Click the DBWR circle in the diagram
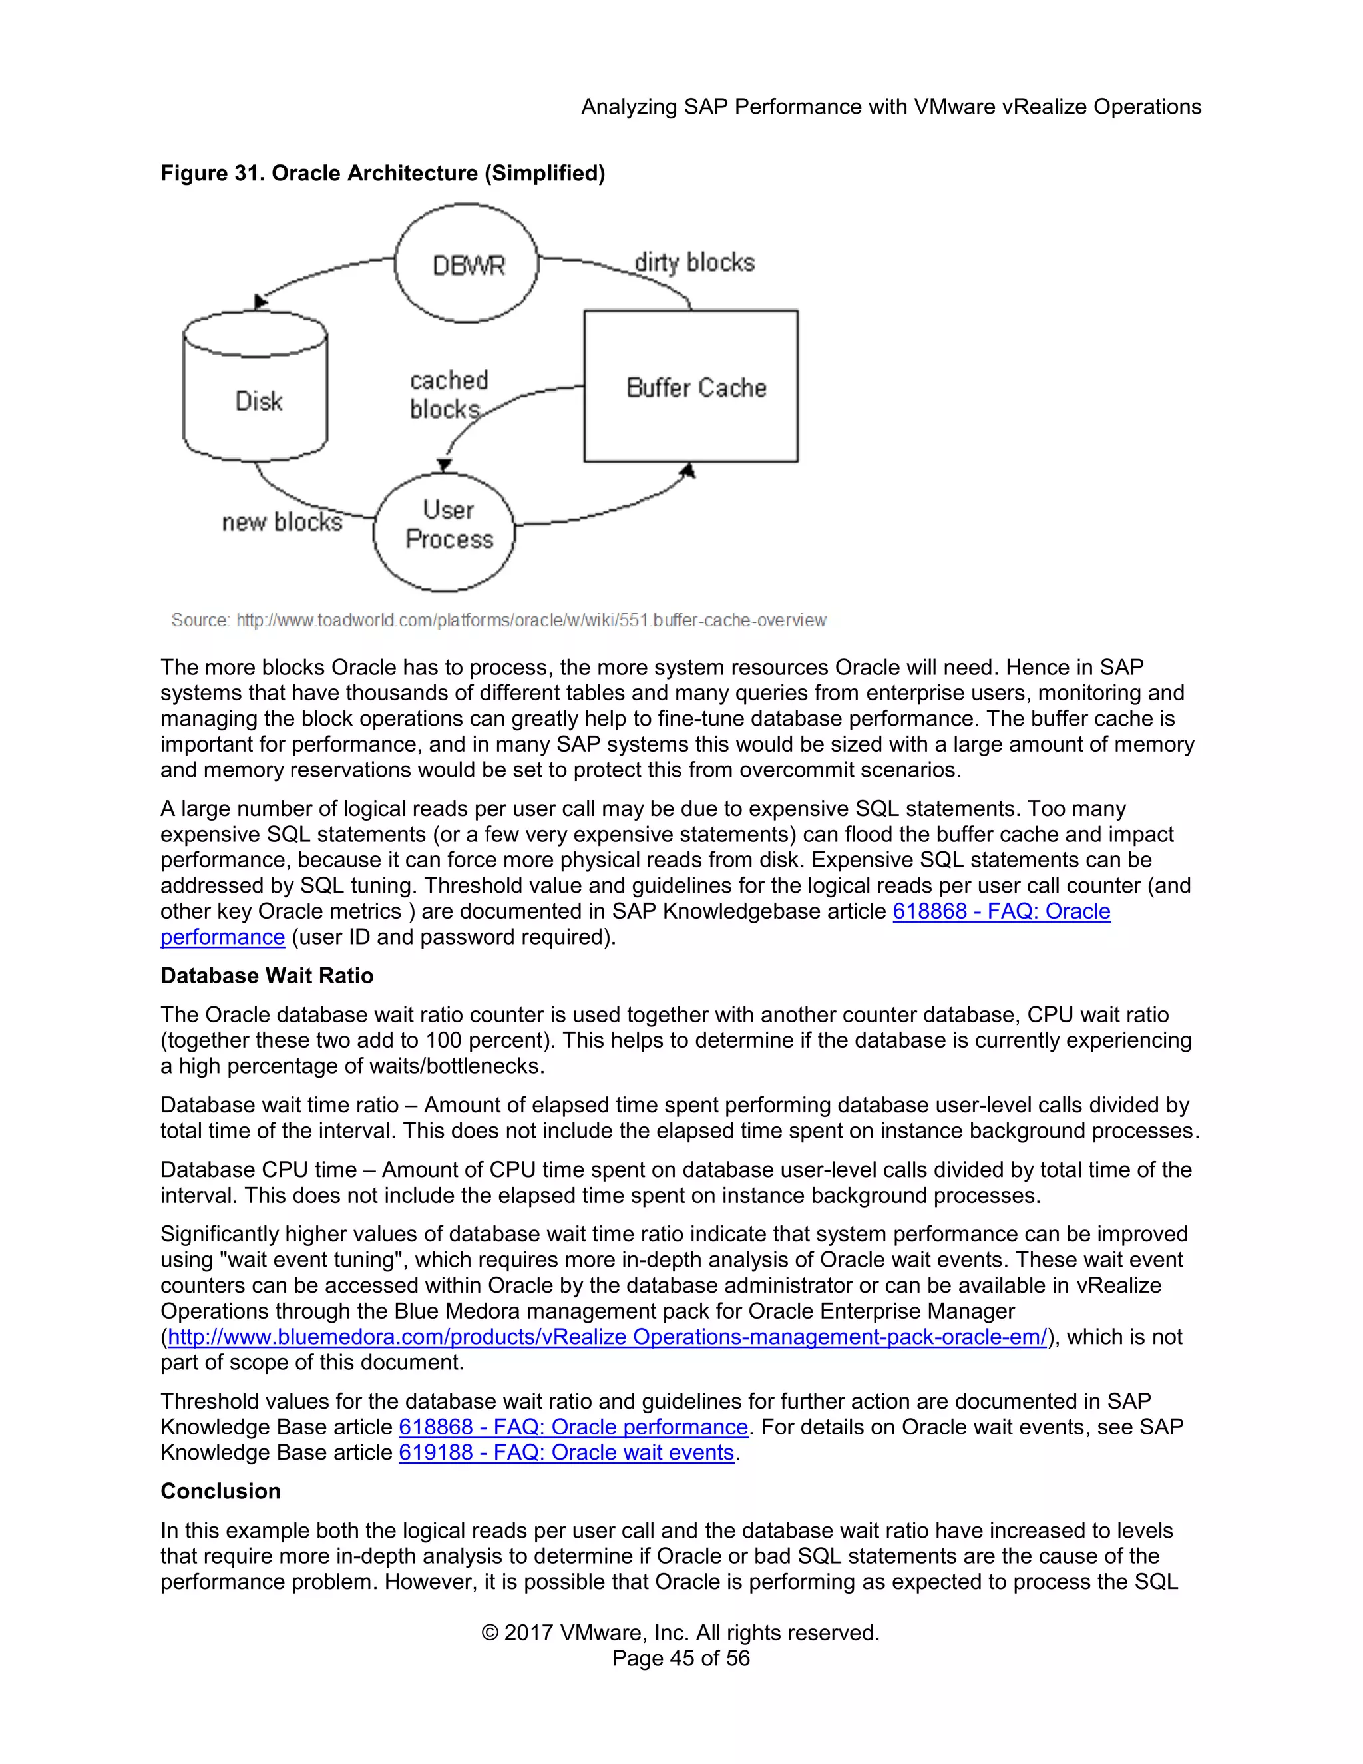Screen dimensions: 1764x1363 pyautogui.click(x=467, y=264)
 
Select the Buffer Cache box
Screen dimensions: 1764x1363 pyautogui.click(x=691, y=386)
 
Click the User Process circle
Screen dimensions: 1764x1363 pyautogui.click(x=445, y=531)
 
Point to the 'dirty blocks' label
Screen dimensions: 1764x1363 pyautogui.click(x=693, y=262)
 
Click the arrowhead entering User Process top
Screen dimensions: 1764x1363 pyautogui.click(x=444, y=465)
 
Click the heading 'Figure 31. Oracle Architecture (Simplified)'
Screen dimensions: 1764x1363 pyautogui.click(x=382, y=173)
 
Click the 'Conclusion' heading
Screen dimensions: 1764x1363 pyautogui.click(x=220, y=1491)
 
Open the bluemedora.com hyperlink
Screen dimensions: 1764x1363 pyautogui.click(x=606, y=1337)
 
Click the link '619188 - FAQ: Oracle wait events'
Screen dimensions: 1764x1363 pyautogui.click(x=566, y=1452)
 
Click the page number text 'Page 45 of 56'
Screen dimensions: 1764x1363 pyautogui.click(x=681, y=1658)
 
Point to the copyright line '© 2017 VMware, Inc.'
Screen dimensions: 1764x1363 pyautogui.click(x=680, y=1632)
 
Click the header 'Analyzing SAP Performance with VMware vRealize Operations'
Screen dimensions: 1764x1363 pyautogui.click(x=890, y=107)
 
